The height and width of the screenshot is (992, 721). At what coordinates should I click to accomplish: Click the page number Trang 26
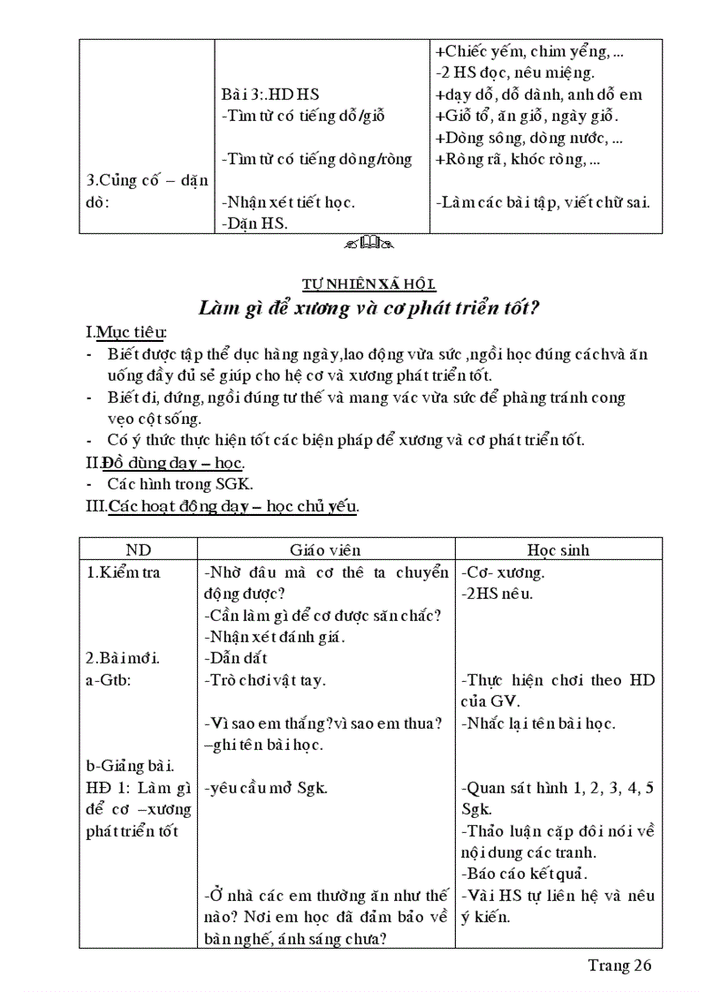pyautogui.click(x=619, y=965)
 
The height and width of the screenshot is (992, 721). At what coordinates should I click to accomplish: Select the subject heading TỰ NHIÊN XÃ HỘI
pyautogui.click(x=368, y=284)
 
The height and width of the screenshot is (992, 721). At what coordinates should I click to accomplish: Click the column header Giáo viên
pyautogui.click(x=325, y=549)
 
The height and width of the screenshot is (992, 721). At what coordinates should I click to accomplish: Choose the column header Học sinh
pyautogui.click(x=558, y=549)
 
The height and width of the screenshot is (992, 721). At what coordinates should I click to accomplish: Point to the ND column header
pyautogui.click(x=138, y=549)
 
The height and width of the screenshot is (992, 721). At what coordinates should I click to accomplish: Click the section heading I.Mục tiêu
pyautogui.click(x=126, y=332)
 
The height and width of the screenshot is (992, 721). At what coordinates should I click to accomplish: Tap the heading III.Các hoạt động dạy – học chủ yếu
pyautogui.click(x=222, y=506)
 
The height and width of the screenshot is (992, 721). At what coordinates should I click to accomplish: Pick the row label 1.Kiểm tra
pyautogui.click(x=124, y=572)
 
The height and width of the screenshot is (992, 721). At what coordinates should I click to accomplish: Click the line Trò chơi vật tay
pyautogui.click(x=264, y=679)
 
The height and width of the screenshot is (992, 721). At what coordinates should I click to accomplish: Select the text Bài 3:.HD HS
pyautogui.click(x=269, y=95)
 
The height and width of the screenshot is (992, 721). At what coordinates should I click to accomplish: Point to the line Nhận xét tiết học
pyautogui.click(x=288, y=202)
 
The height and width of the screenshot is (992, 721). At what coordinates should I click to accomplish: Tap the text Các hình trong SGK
pyautogui.click(x=180, y=484)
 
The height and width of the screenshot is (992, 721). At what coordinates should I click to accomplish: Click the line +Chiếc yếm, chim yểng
pyautogui.click(x=528, y=51)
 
